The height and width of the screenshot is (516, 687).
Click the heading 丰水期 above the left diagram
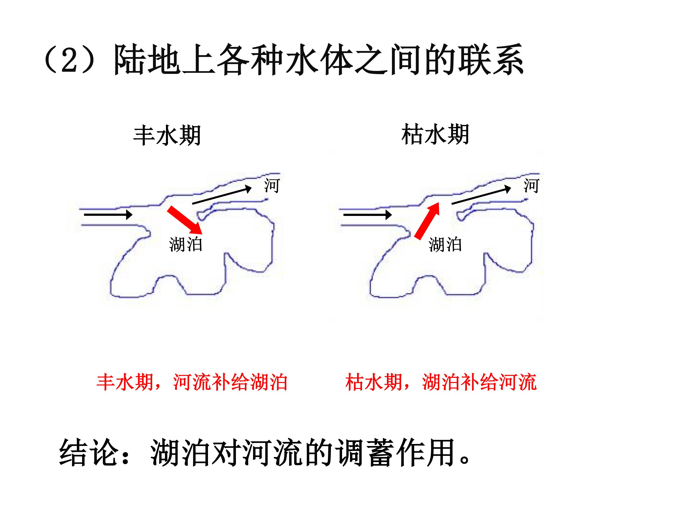click(167, 136)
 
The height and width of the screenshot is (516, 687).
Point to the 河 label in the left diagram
click(272, 186)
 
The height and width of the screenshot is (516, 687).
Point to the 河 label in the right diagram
click(531, 186)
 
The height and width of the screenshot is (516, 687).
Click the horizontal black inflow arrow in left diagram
click(108, 215)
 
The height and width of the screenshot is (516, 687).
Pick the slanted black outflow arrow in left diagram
click(222, 195)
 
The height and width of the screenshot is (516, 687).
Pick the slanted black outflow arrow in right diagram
click(481, 195)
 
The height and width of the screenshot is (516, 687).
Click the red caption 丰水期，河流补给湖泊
click(192, 382)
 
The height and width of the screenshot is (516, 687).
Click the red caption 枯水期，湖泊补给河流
click(441, 382)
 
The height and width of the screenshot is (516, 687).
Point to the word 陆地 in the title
click(147, 59)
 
